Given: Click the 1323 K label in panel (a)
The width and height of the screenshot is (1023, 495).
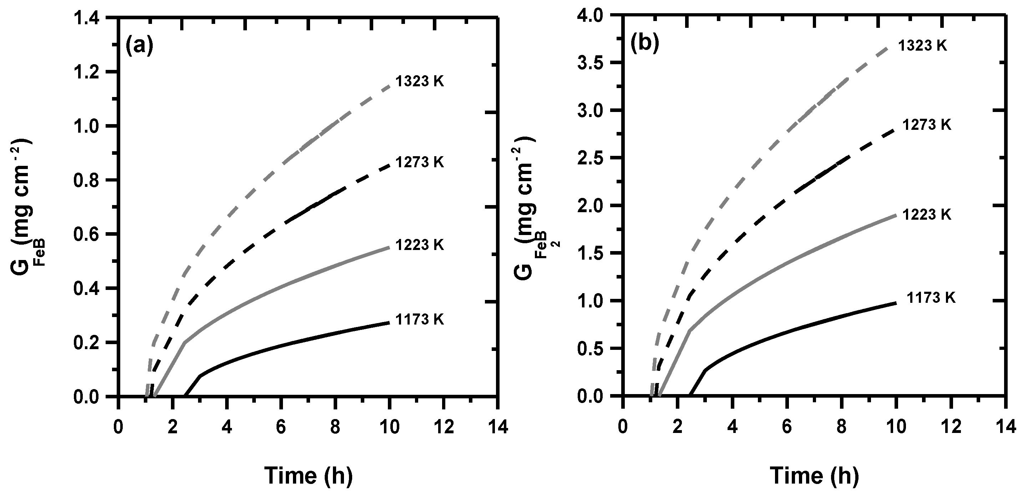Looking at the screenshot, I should [419, 81].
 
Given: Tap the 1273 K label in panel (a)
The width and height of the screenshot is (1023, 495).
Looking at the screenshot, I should [419, 162].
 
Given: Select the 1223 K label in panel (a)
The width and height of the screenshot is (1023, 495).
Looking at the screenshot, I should [419, 245].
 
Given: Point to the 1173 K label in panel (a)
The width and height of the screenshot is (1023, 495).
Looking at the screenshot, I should [419, 320].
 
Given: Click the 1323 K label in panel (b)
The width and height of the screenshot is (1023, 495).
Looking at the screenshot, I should [922, 46].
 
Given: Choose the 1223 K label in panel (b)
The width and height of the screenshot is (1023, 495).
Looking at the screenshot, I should [927, 215].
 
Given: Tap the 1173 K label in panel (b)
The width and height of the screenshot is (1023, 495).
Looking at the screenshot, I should [931, 298].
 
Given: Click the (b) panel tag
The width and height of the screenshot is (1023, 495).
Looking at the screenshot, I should [644, 44].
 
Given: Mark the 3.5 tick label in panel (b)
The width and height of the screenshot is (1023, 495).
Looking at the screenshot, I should [596, 63].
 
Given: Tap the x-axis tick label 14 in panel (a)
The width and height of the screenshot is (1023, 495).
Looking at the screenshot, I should [498, 428].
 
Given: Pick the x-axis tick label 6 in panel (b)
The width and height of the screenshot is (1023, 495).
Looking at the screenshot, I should [787, 428].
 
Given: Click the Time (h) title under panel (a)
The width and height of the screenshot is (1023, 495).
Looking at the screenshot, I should [308, 475].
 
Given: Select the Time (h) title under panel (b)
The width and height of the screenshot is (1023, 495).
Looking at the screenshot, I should [814, 475].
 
